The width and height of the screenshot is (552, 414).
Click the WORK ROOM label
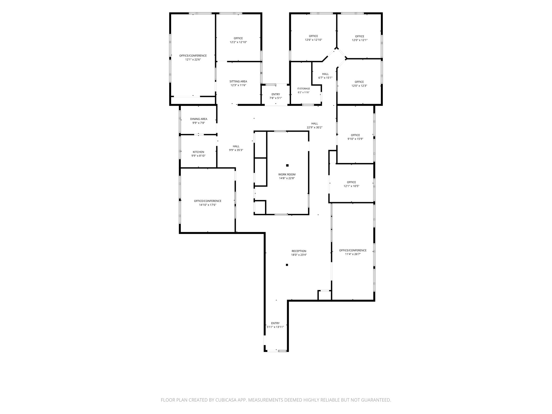[287, 174]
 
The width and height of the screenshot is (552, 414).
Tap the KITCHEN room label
[198, 152]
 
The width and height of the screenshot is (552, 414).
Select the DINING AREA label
[199, 119]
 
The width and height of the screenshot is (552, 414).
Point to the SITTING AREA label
[238, 81]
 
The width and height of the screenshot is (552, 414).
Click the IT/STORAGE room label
[303, 89]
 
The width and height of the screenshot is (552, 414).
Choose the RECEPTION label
[299, 251]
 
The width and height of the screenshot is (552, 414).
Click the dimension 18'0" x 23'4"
[299, 255]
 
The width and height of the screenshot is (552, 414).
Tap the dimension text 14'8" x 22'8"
[287, 178]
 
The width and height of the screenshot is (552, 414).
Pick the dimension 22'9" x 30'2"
[315, 127]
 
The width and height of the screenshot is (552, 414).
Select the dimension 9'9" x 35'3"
[236, 150]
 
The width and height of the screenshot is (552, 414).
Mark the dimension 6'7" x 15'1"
[325, 78]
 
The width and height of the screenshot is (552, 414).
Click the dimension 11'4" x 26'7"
[353, 254]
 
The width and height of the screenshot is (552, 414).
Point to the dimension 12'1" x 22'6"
[193, 60]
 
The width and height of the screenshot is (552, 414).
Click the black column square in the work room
[287, 165]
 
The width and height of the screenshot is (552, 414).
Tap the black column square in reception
[287, 265]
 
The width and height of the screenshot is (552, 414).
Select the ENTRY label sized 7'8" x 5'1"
[276, 94]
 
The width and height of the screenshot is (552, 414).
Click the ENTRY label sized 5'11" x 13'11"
[275, 323]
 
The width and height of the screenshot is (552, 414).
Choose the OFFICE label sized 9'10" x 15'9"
[355, 135]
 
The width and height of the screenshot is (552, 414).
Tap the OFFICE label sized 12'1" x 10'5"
[351, 182]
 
